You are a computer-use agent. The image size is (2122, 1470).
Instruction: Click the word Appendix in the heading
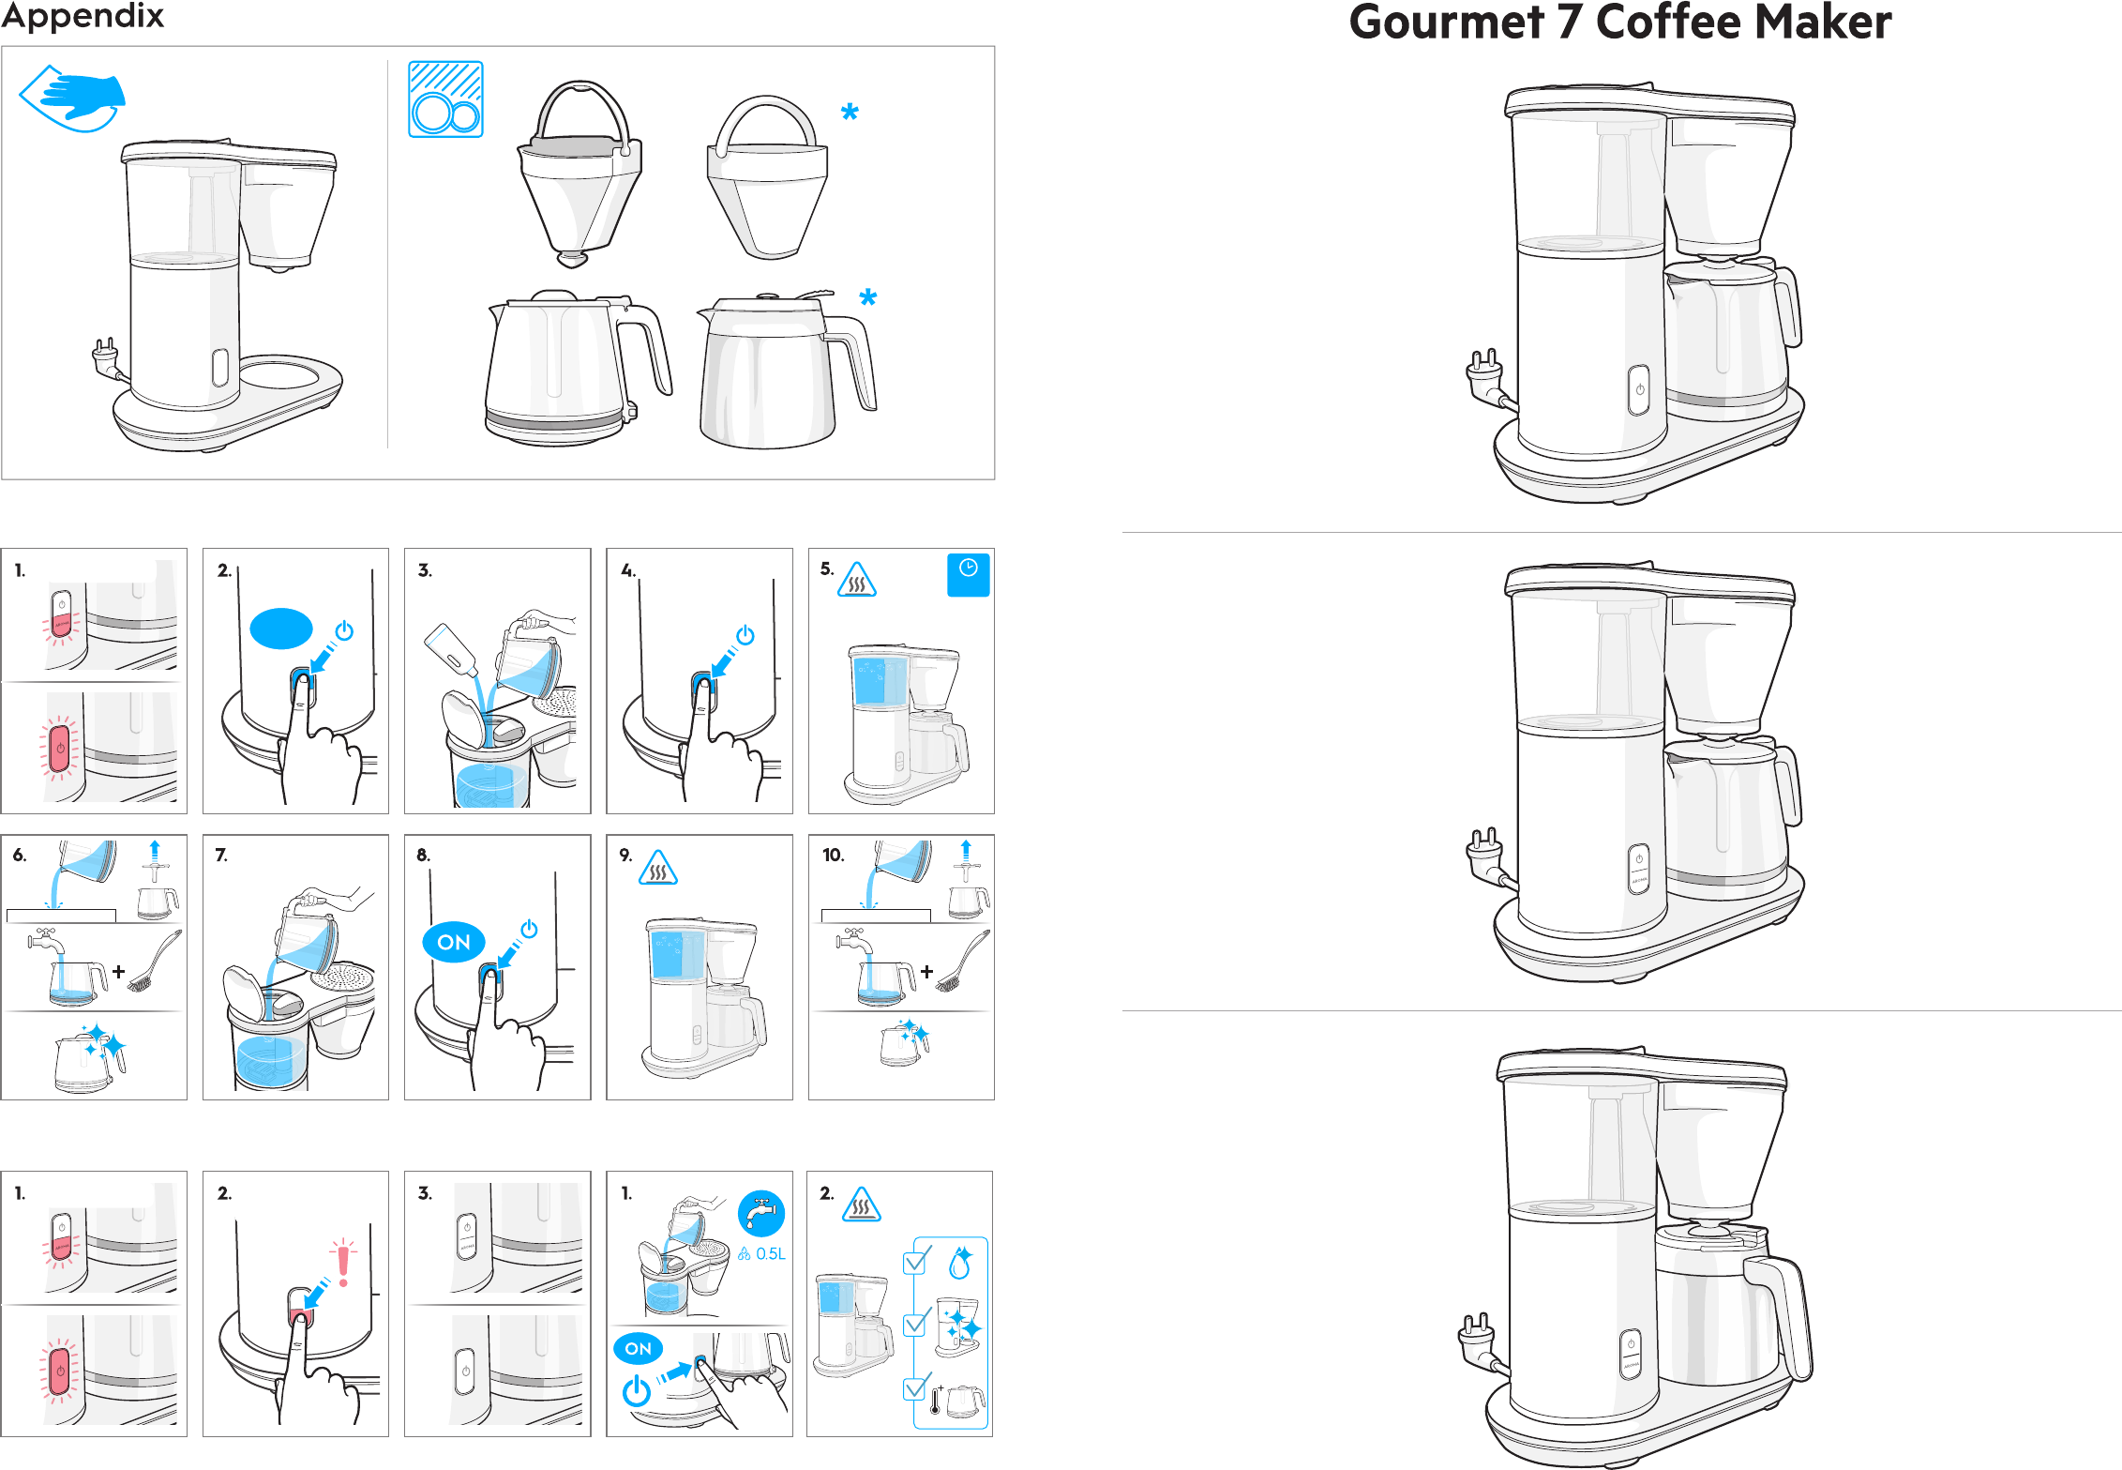point(83,17)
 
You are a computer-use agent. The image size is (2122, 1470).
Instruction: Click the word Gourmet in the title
point(1447,22)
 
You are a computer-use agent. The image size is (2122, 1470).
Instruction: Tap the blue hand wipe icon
point(73,98)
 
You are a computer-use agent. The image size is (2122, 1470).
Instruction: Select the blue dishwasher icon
point(445,99)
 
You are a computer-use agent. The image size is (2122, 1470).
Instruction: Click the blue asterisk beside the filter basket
point(850,113)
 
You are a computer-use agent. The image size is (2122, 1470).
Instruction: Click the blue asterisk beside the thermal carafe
point(868,298)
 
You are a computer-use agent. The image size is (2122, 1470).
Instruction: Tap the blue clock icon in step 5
point(969,575)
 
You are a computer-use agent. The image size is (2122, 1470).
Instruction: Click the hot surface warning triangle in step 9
point(658,868)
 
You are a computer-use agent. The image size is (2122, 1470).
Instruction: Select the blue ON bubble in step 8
point(454,942)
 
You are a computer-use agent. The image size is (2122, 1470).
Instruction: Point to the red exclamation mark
point(343,1262)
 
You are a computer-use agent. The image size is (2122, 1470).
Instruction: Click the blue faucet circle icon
point(761,1214)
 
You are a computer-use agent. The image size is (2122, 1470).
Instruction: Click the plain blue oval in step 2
point(281,629)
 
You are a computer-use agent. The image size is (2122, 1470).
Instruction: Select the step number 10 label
point(833,855)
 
